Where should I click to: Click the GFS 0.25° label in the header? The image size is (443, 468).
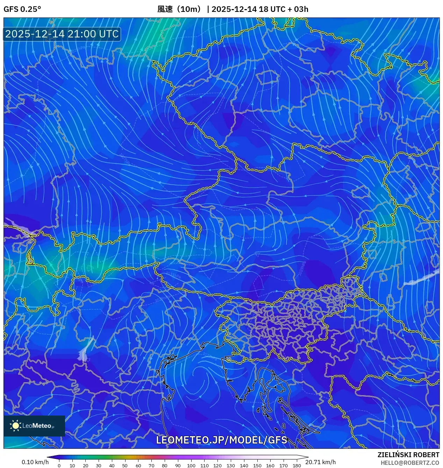tap(22, 9)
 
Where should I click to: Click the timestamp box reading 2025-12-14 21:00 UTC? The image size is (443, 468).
tap(62, 34)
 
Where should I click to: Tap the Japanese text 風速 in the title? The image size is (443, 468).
tap(165, 9)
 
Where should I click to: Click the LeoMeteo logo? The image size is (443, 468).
tap(34, 426)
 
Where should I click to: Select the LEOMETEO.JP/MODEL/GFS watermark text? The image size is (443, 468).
tap(221, 440)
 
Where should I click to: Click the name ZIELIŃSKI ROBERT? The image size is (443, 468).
tap(408, 455)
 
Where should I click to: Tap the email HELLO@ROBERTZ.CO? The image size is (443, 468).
tap(410, 463)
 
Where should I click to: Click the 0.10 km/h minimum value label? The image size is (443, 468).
tap(35, 462)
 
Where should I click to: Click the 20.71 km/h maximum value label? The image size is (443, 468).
tap(320, 462)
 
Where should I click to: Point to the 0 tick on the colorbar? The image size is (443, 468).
tap(59, 465)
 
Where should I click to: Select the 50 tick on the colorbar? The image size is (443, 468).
tap(125, 465)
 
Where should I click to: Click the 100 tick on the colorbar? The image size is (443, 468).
tap(191, 465)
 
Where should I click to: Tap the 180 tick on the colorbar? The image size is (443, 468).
tap(296, 465)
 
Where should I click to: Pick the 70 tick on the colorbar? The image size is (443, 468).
tap(151, 465)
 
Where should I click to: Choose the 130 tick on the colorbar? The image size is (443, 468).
tap(231, 465)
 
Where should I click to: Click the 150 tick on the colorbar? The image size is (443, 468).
tap(257, 465)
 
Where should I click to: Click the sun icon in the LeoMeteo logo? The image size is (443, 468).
tap(16, 426)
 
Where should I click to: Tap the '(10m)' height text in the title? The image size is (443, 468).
tap(189, 9)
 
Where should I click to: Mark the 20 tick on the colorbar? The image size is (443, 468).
tap(85, 465)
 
